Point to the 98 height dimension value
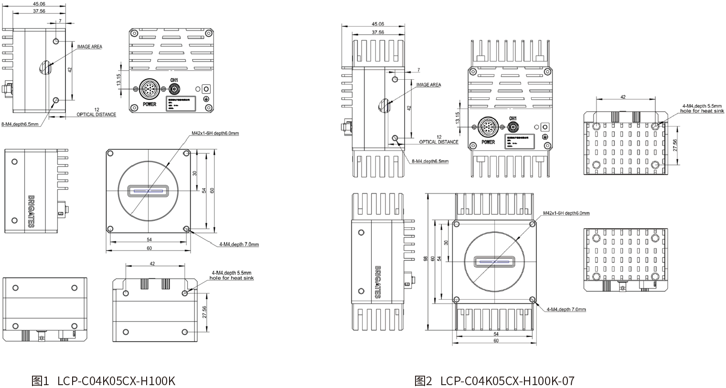coord(426,259)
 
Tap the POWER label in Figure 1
coord(149,104)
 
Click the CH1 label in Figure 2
coord(513,118)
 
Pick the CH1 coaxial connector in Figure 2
coord(513,127)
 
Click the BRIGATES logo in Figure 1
coord(31,210)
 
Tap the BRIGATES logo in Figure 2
coord(378,282)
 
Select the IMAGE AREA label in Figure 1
coord(89,47)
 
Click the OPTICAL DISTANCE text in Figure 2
coord(438,142)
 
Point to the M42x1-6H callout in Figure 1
coord(215,133)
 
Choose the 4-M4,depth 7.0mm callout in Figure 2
coord(566,309)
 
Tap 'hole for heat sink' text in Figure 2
coord(702,111)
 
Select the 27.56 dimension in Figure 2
coord(674,146)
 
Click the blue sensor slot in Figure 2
coord(495,262)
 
